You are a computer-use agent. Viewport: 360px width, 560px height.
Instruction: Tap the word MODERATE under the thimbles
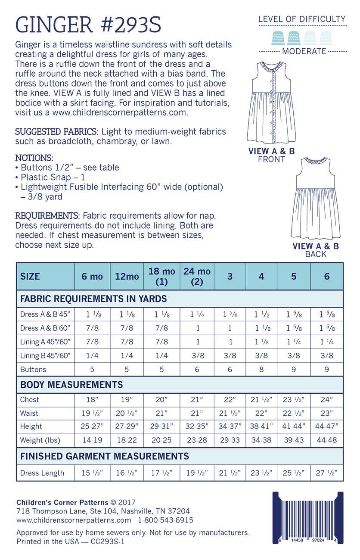click(304, 51)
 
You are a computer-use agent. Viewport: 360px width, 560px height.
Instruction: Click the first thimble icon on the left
click(277, 37)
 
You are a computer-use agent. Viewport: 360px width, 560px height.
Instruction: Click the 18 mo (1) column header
click(161, 276)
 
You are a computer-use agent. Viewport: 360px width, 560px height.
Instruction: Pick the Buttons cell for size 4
click(261, 369)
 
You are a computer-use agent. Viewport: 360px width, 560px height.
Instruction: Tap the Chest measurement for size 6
click(326, 399)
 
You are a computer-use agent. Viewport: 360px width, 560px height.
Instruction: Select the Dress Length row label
click(42, 473)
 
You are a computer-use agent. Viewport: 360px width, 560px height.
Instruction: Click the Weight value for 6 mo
click(92, 440)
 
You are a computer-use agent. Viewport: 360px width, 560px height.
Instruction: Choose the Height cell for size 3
click(230, 426)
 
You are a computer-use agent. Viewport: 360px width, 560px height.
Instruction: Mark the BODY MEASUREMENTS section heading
click(71, 385)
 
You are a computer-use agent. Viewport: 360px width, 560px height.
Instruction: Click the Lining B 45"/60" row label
click(45, 355)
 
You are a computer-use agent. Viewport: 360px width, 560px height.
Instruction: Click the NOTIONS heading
click(34, 158)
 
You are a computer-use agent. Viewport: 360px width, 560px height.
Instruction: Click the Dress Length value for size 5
click(293, 473)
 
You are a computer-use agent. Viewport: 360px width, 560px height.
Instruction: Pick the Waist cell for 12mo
click(127, 413)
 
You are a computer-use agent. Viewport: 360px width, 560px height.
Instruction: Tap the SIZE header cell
click(30, 276)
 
